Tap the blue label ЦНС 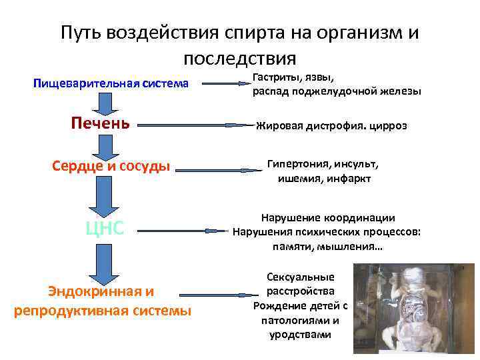(x=105, y=229)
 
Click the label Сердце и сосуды (x=111, y=165)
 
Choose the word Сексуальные (x=300, y=277)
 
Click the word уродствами (x=300, y=335)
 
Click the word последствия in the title (x=240, y=57)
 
